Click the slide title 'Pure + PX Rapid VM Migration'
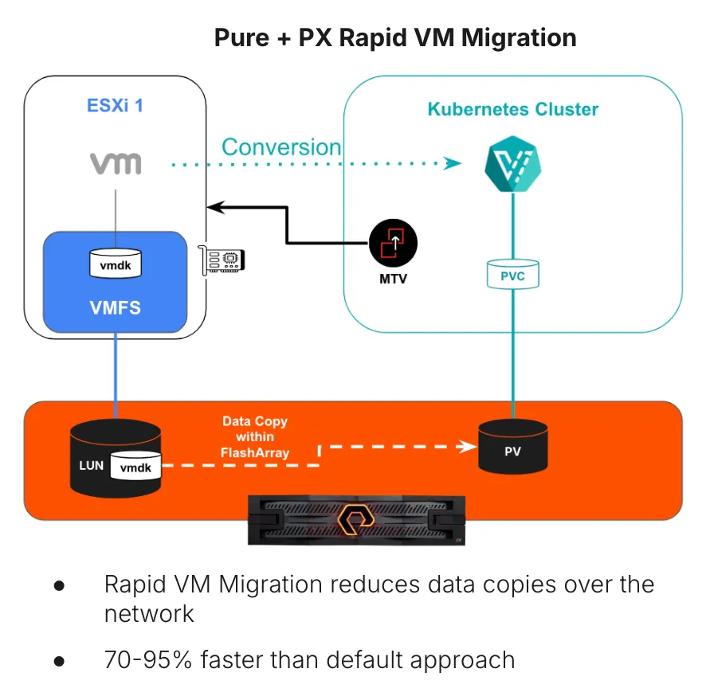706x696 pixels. coord(395,37)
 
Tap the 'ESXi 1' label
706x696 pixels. coord(115,105)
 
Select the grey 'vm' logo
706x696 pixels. coord(116,163)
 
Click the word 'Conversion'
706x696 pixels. coord(280,147)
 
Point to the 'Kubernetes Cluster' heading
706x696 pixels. coord(513,109)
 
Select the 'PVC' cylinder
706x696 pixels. coord(512,275)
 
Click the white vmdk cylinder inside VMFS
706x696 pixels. coord(115,264)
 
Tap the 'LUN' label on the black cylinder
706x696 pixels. coord(92,465)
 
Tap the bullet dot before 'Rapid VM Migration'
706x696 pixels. coord(58,585)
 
